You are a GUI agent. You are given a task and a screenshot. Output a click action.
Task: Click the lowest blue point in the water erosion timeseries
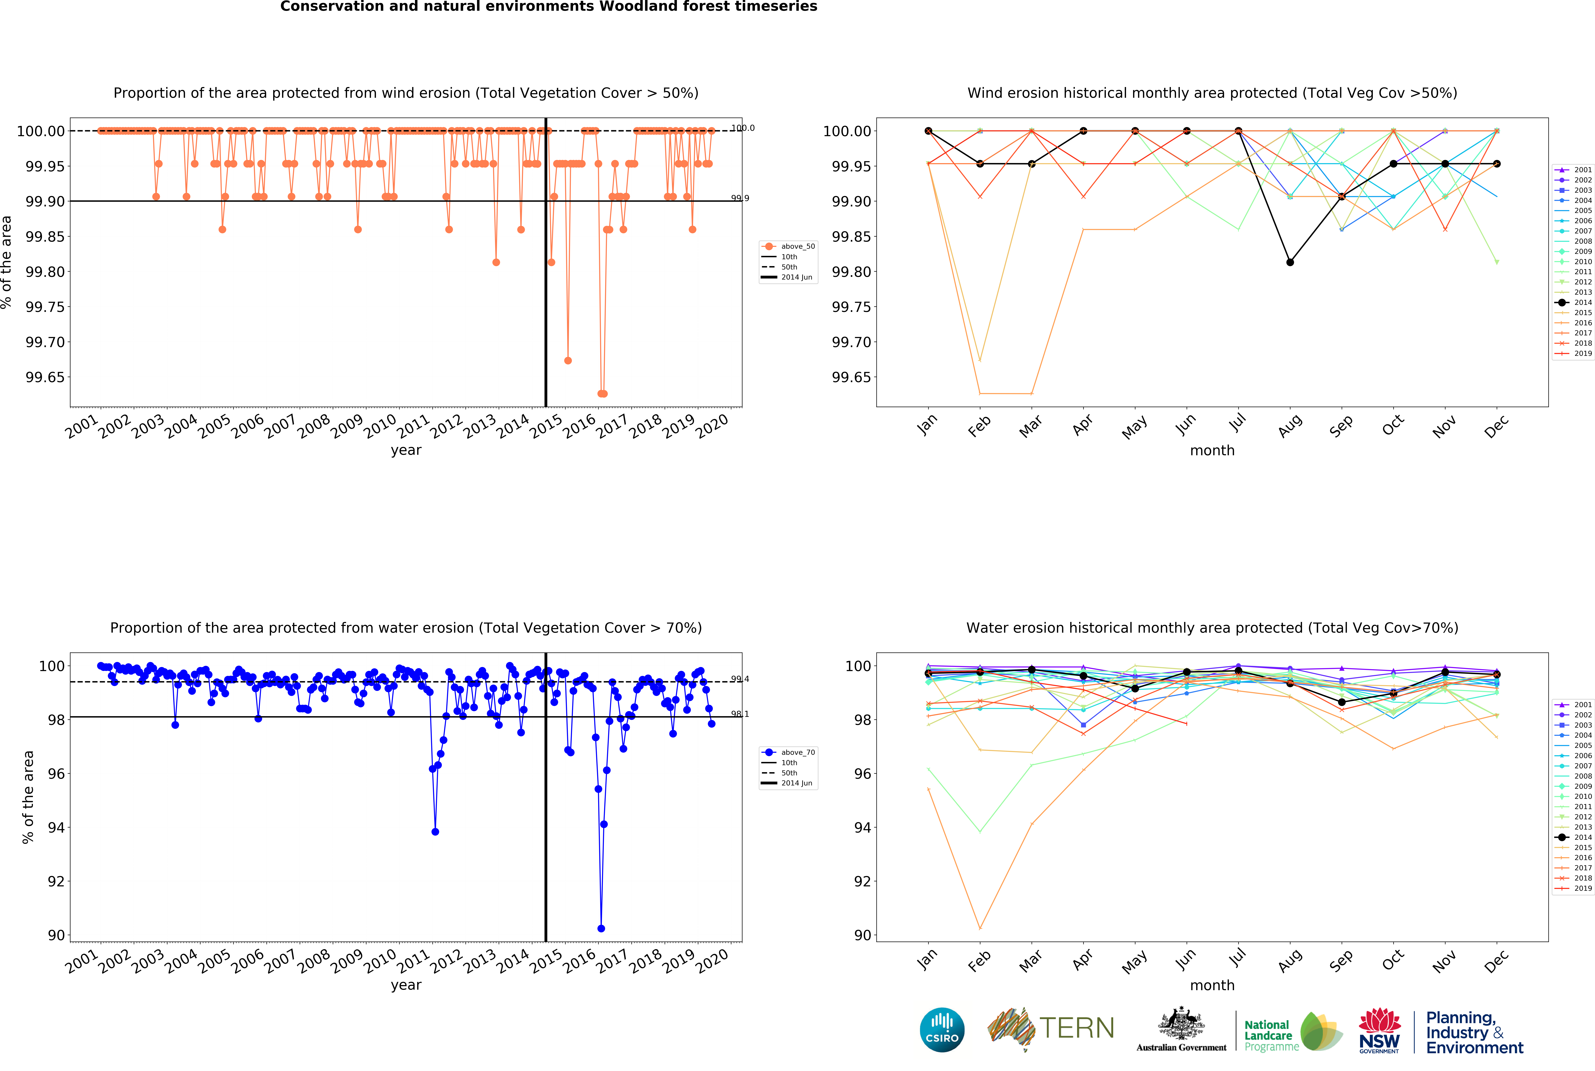pyautogui.click(x=601, y=928)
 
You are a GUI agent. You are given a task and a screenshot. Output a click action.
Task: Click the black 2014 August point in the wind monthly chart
pyautogui.click(x=1289, y=262)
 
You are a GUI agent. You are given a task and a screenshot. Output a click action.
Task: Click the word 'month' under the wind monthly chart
pyautogui.click(x=1212, y=451)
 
